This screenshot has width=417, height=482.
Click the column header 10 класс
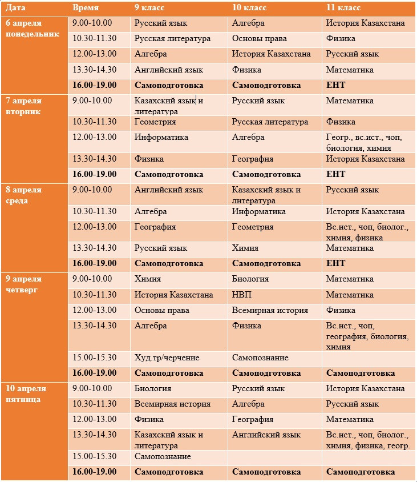249,8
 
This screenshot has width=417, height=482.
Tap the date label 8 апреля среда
25,195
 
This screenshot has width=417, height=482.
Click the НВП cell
241,295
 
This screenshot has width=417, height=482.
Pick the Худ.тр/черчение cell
167,358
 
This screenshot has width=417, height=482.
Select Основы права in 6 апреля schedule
259,39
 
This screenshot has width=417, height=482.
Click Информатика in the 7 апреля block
161,137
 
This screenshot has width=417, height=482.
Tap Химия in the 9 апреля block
147,279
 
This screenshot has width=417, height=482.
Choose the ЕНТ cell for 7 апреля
335,174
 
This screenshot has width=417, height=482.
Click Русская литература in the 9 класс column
172,39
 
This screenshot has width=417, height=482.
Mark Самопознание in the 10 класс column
260,358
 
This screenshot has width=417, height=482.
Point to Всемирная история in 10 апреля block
172,404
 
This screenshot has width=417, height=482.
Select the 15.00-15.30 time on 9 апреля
95,358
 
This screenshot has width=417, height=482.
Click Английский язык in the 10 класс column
266,435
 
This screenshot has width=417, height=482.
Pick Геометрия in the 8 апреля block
253,227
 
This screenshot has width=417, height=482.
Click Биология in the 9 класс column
153,388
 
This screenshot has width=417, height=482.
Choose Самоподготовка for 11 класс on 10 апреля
361,472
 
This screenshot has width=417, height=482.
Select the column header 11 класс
343,8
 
